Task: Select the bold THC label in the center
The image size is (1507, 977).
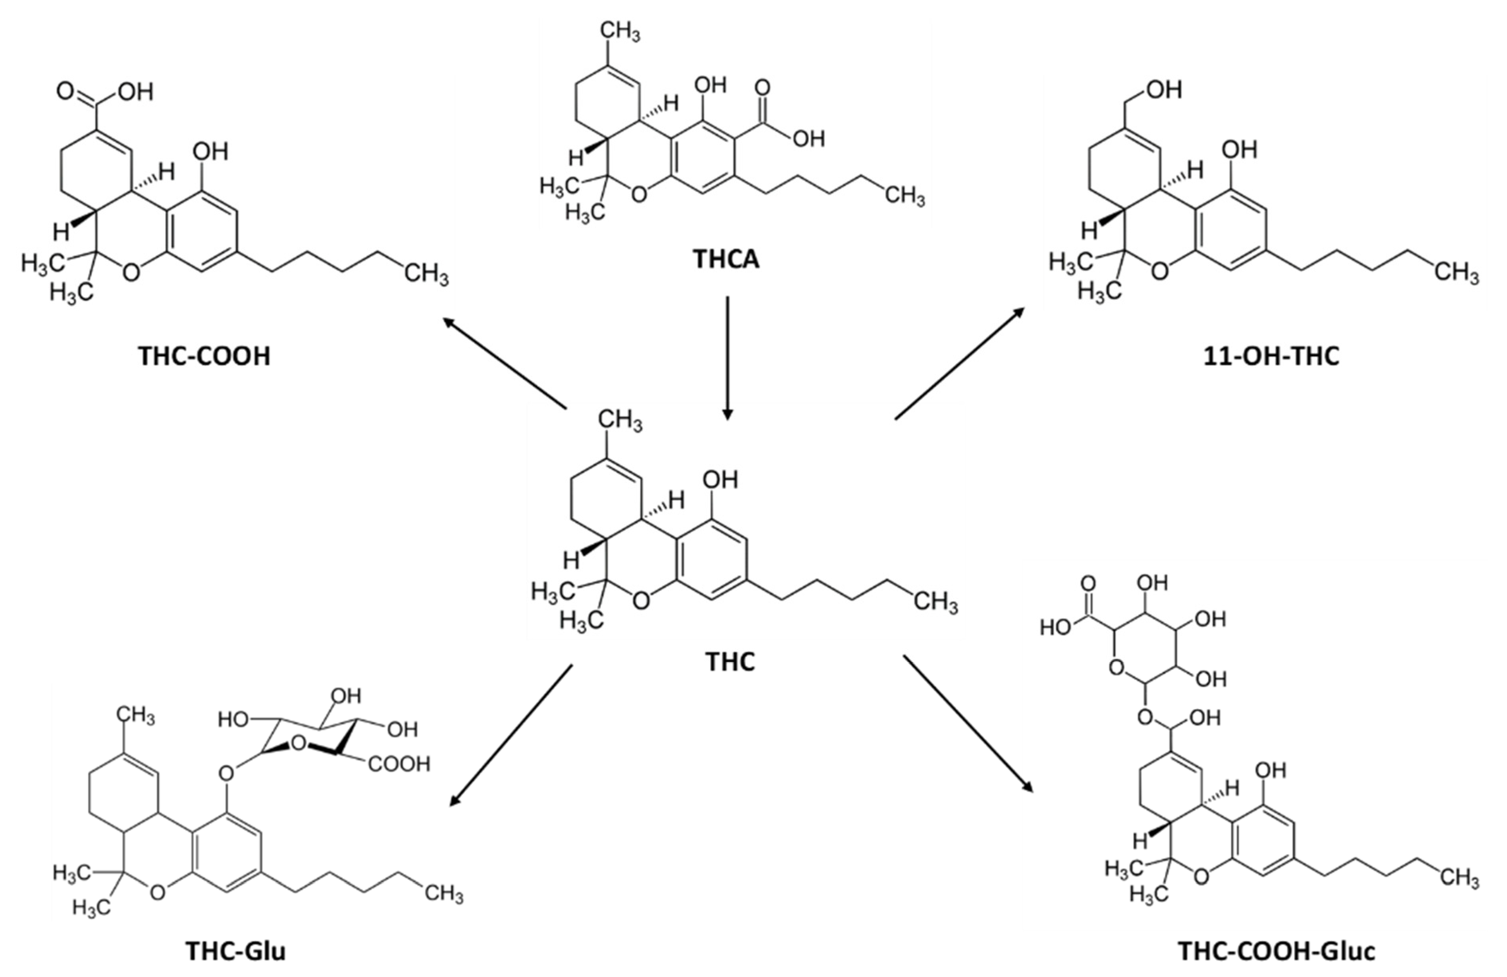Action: click(x=730, y=662)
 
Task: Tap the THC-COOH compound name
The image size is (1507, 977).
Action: click(x=204, y=356)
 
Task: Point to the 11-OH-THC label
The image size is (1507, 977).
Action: click(x=1272, y=356)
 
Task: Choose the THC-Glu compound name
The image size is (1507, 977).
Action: click(x=235, y=952)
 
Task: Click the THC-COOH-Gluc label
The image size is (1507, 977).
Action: click(x=1276, y=952)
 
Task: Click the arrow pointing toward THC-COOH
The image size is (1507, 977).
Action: click(x=504, y=364)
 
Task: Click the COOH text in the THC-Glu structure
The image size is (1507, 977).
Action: click(x=399, y=764)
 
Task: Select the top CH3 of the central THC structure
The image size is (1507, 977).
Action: click(x=620, y=421)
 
